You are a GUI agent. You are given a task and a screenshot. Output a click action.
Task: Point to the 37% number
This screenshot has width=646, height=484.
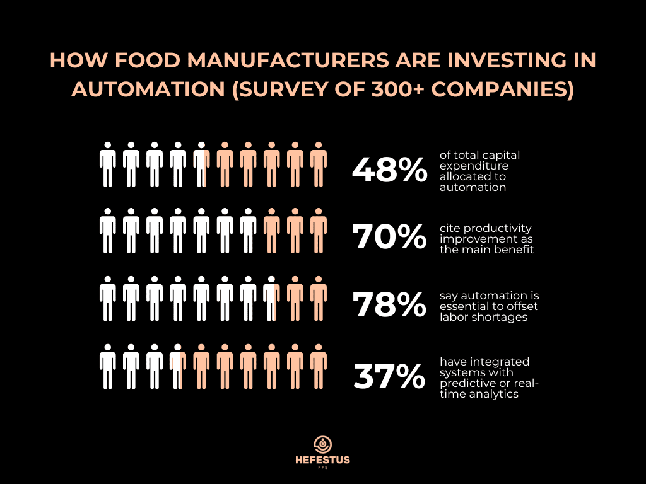coord(389,377)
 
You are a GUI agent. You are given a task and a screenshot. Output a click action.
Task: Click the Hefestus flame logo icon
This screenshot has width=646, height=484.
coord(322,444)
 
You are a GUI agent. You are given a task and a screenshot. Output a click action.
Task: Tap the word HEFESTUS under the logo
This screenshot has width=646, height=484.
coord(322,461)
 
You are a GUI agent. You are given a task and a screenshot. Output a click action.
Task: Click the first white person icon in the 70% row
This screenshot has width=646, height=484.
coord(108,231)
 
